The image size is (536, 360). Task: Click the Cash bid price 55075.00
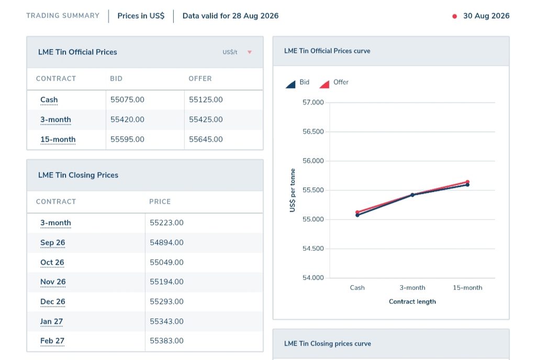point(127,100)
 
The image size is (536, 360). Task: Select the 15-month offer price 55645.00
point(206,139)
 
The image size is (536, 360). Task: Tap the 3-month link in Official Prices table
point(55,119)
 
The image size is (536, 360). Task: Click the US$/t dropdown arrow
point(250,52)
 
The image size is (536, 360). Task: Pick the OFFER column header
point(200,78)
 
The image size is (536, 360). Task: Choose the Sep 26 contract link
point(53,242)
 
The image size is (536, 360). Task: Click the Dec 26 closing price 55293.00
point(166,301)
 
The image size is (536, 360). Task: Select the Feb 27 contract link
point(52,341)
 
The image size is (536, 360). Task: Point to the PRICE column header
point(160,201)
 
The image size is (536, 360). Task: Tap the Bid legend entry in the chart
point(297,83)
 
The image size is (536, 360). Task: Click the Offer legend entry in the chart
point(333,83)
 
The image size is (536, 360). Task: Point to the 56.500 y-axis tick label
point(313,131)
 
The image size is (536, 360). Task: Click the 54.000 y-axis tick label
point(313,278)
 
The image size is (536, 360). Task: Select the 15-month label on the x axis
point(467,288)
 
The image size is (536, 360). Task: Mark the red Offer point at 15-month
point(467,182)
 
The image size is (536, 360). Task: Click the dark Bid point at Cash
point(357,215)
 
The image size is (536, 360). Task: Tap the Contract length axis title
point(412,301)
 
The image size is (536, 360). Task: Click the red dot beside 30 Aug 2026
point(455,16)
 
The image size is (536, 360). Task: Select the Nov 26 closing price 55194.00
point(166,282)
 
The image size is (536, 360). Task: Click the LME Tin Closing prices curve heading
point(328,344)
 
